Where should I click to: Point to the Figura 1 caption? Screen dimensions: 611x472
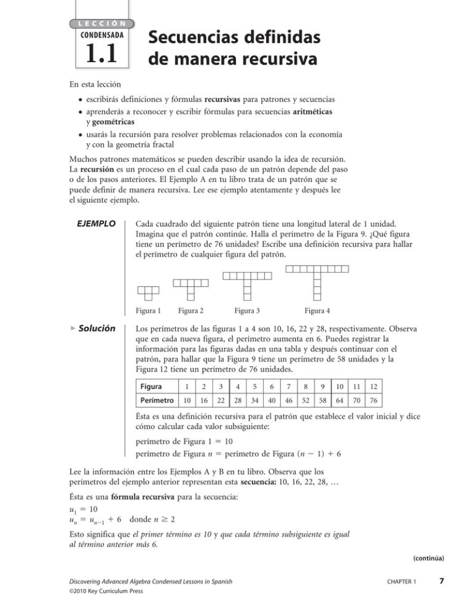coord(148,310)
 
